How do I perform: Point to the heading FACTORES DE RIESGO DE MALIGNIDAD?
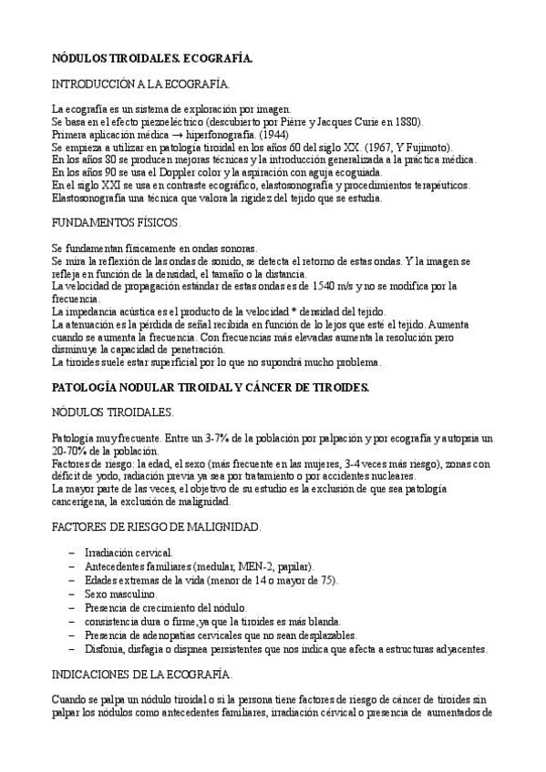coord(157,527)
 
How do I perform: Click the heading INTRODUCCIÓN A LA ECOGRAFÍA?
coord(140,85)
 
